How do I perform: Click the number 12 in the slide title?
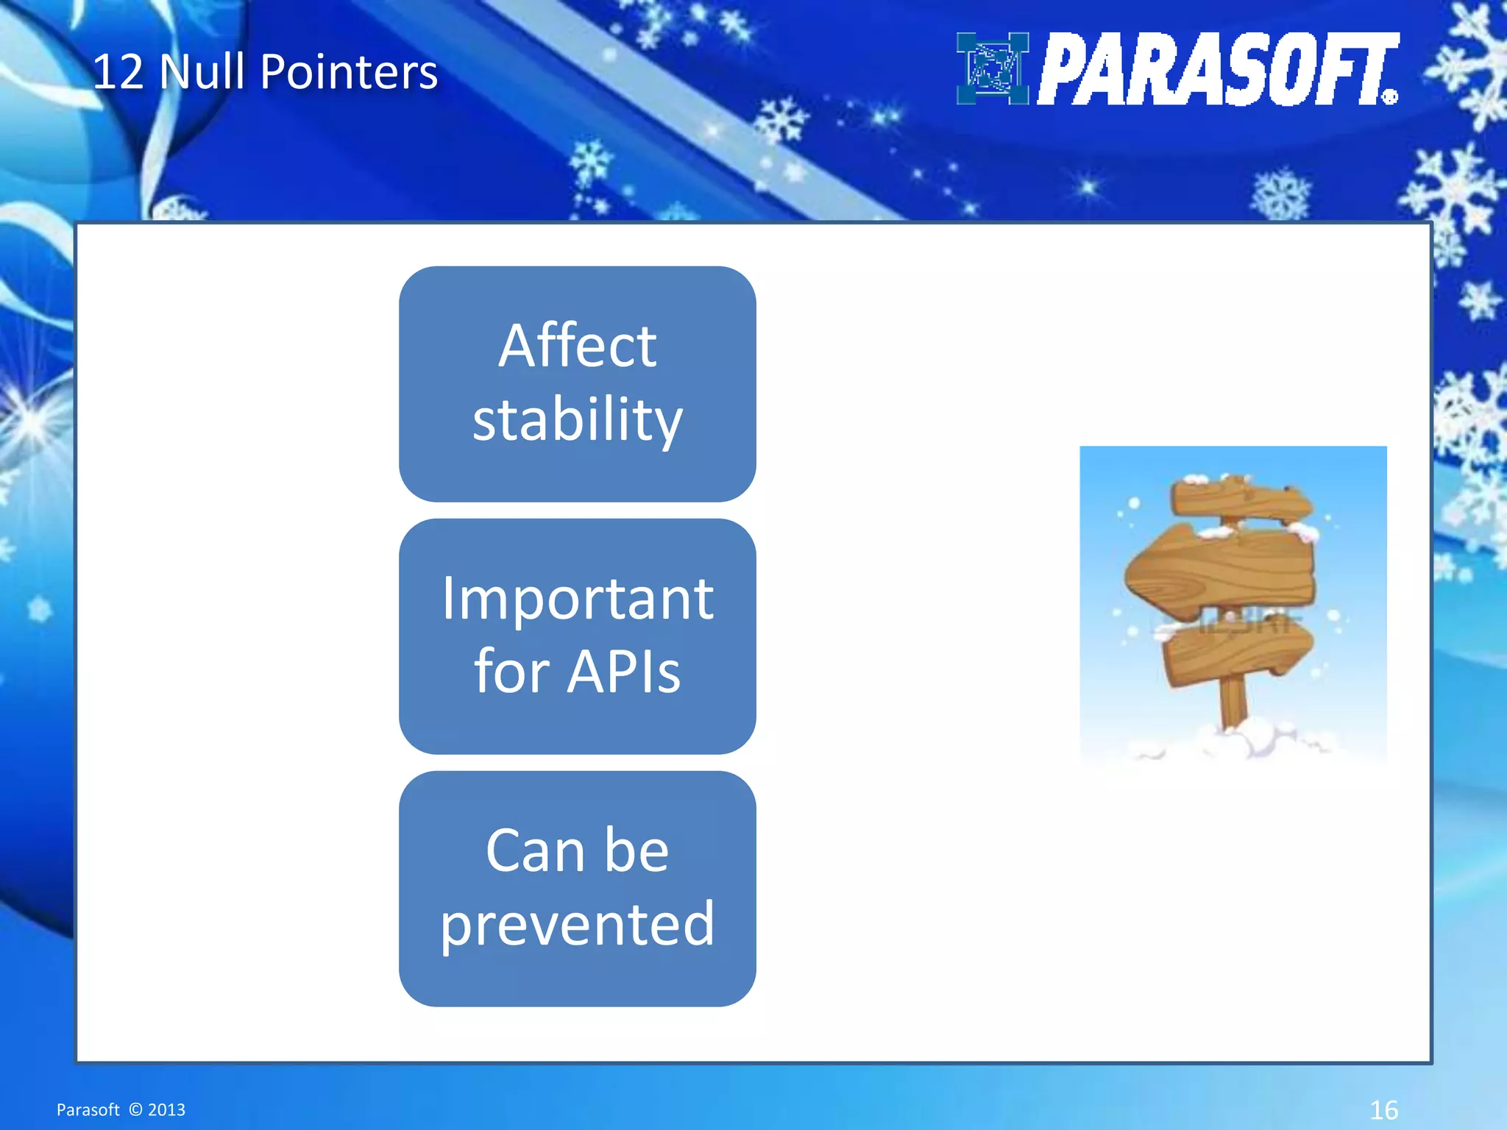coord(118,72)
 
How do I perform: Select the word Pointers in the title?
coord(349,72)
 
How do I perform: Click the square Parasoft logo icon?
coord(992,68)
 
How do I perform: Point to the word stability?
coord(577,419)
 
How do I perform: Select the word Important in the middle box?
coord(577,598)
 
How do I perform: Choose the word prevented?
coord(577,924)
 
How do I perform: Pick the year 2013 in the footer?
coord(166,1109)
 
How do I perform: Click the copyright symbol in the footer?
coord(135,1109)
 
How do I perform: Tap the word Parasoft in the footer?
coord(88,1109)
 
